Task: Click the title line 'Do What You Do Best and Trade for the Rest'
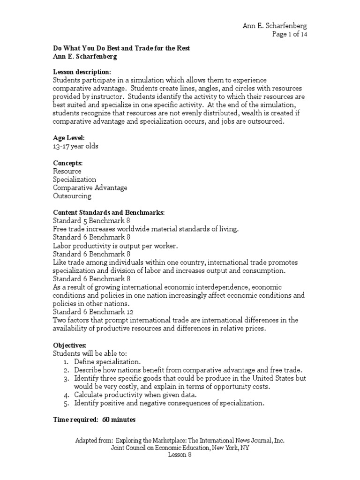pos(121,49)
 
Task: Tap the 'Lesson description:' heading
pos(82,72)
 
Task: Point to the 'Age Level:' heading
pos(69,138)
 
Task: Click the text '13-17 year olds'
pos(76,146)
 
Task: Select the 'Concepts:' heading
pos(68,163)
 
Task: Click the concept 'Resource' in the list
pos(67,171)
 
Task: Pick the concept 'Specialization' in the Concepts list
pos(75,180)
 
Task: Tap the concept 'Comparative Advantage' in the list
pos(90,187)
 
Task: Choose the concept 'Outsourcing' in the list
pos(72,196)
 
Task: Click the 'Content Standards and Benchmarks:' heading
pos(109,212)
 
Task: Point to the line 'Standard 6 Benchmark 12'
pos(91,311)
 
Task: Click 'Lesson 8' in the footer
pos(180,456)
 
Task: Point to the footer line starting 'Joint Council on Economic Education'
pos(180,448)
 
